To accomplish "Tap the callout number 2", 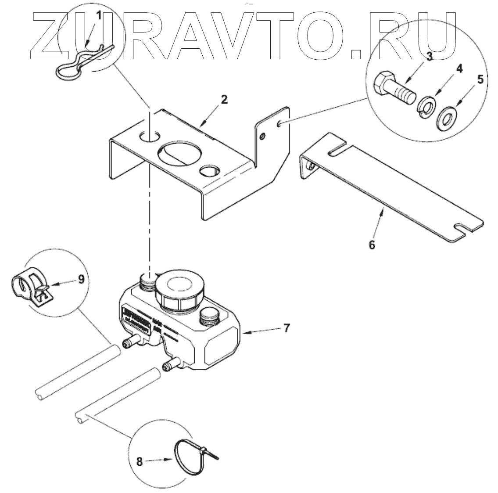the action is [224, 99].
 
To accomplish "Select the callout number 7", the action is [286, 327].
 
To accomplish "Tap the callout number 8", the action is [139, 461].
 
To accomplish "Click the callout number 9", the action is [81, 279].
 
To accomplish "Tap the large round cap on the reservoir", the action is [179, 289].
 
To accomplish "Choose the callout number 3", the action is [429, 56].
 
